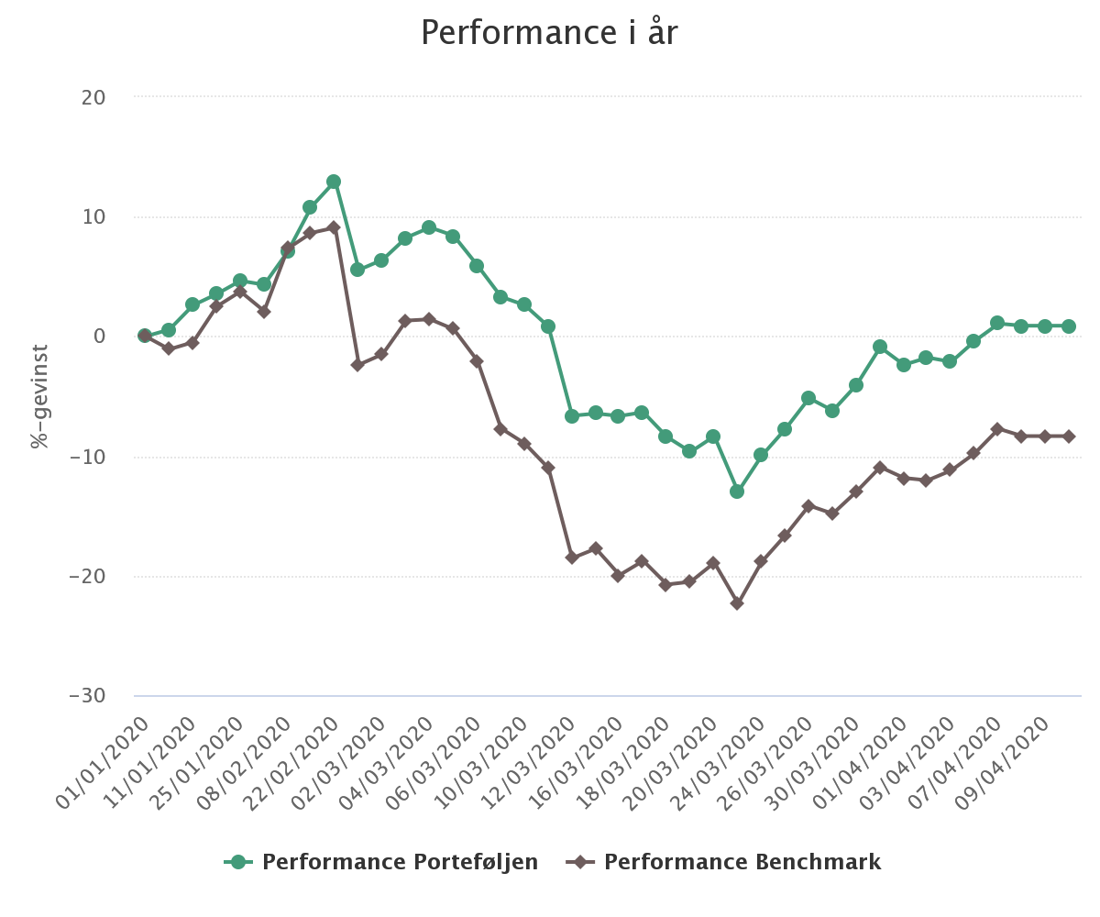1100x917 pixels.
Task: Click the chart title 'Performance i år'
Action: (x=549, y=33)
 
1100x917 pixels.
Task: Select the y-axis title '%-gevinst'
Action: (x=39, y=396)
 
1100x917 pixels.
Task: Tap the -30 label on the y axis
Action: (x=88, y=696)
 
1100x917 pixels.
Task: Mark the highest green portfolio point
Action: (x=334, y=182)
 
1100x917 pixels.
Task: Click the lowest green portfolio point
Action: (x=737, y=492)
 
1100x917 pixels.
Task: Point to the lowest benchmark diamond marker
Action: (x=737, y=603)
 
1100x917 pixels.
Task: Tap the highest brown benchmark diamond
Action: (x=334, y=226)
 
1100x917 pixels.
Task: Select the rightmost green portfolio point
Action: (x=1069, y=326)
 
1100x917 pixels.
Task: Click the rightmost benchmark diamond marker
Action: (x=1069, y=436)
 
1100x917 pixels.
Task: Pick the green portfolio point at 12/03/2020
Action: (x=572, y=416)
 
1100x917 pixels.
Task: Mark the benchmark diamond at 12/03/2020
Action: (x=572, y=558)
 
